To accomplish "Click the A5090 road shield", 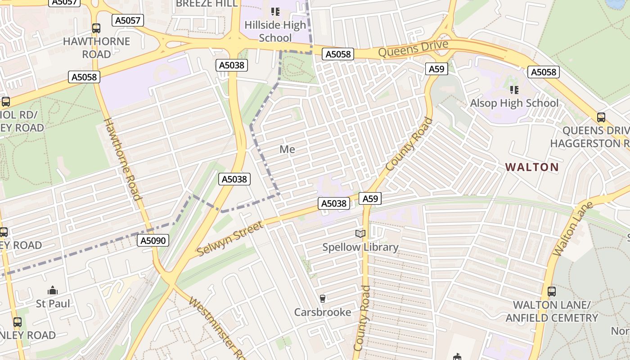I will coord(153,240).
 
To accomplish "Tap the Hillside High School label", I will coord(275,31).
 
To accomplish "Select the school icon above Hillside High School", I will coord(275,12).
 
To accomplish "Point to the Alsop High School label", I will coord(514,103).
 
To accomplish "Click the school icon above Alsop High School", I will coord(514,90).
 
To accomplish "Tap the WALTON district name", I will coord(531,167).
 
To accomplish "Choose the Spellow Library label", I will coord(360,247).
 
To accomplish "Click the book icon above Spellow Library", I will coord(360,234).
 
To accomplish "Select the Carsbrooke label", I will coord(322,312).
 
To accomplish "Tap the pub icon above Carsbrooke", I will coord(322,298).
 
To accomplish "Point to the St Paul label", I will coord(53,303).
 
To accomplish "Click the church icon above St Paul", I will coord(53,290).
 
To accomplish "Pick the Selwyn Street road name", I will coord(230,238).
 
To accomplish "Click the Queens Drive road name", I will coord(413,49).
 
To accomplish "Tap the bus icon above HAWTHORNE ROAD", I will coord(96,28).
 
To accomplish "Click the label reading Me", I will coord(287,149).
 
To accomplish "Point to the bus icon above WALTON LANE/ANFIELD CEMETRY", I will coord(552,292).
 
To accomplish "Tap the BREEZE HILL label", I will coord(207,4).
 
